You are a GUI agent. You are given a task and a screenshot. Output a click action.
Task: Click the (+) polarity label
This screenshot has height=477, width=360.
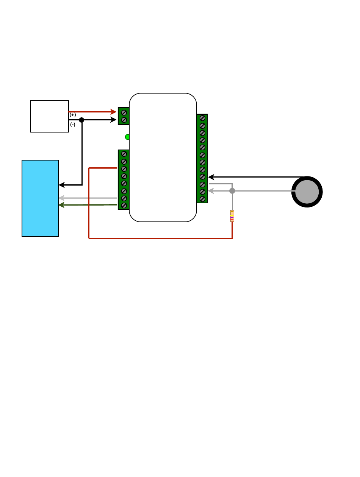tap(73, 115)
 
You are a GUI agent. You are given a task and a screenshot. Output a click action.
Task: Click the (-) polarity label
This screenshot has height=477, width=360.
tap(73, 125)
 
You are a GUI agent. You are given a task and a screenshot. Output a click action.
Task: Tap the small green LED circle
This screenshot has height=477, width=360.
tap(128, 137)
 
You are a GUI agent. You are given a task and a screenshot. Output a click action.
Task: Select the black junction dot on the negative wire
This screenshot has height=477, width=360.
tap(81, 120)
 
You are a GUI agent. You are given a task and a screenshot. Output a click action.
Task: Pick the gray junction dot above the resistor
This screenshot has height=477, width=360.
tap(232, 191)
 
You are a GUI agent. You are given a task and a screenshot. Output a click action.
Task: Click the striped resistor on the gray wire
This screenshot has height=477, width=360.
tap(232, 216)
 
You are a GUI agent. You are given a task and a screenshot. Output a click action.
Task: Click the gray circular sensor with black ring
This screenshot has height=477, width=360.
tap(307, 192)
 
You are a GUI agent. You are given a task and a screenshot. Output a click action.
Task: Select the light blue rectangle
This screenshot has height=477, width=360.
tap(40, 198)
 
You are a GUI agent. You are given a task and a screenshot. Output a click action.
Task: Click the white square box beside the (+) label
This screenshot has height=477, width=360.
tap(49, 116)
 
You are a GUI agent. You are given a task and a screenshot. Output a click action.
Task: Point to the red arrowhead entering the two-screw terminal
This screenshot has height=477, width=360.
tap(113, 112)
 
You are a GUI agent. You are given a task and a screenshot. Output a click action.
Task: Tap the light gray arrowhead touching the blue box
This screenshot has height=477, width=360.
tap(62, 198)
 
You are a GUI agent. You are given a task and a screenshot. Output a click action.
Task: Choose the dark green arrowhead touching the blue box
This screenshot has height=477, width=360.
tap(62, 205)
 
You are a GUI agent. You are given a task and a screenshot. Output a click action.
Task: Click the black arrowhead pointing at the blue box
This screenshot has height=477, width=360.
tap(62, 185)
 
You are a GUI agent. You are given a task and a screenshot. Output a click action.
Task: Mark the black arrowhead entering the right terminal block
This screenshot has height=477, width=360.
tap(211, 177)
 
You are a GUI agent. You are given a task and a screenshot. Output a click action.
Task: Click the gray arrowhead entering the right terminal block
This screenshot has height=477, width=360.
tap(211, 191)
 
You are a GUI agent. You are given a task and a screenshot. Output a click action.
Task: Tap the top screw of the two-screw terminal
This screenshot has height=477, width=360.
tap(124, 112)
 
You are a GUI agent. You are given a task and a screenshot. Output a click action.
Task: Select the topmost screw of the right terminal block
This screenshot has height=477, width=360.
tap(202, 118)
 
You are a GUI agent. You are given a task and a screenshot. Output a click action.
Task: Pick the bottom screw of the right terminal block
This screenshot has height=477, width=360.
tap(202, 199)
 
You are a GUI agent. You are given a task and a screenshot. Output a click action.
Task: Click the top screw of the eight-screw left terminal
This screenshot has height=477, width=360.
tap(124, 154)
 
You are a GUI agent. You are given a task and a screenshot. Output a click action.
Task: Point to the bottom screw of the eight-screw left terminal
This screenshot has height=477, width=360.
tap(124, 205)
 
